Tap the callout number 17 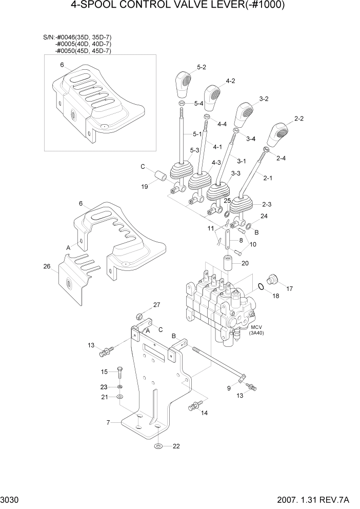[289, 289]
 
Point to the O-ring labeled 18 [261, 287]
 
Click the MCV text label [256, 327]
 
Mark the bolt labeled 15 [119, 372]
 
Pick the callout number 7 [108, 422]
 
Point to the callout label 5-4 [198, 104]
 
